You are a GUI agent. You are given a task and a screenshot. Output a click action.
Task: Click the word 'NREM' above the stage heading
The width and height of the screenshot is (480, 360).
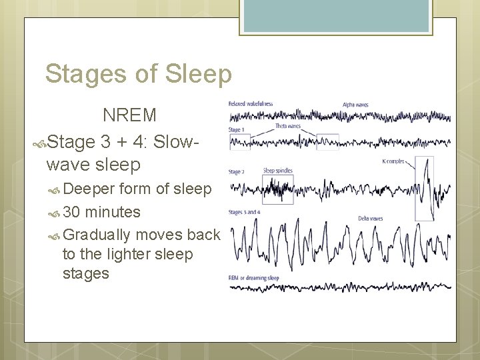129,115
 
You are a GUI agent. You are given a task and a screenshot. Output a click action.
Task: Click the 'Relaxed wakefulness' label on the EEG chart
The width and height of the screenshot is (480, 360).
251,104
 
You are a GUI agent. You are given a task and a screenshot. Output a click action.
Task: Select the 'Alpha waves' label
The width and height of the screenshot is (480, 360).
355,105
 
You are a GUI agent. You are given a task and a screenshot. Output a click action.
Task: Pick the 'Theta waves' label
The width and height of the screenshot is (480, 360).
288,126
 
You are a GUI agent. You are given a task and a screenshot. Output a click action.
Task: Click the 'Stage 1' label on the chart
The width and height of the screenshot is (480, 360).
237,129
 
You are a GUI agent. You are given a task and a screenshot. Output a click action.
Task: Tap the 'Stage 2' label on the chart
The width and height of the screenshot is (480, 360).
237,172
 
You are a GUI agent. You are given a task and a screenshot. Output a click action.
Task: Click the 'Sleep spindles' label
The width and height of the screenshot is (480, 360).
278,171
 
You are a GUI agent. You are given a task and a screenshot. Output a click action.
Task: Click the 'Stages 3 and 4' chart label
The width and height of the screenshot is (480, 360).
244,212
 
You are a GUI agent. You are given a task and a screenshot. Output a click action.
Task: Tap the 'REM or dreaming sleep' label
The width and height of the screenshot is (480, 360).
253,277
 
